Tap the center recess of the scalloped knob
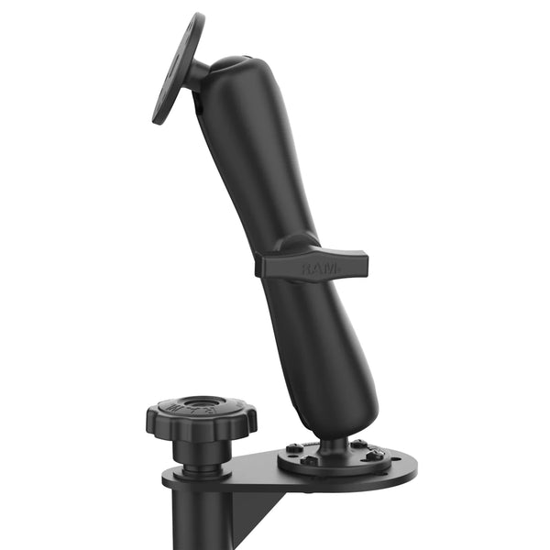click(x=201, y=404)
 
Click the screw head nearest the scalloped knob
click(x=294, y=450)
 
